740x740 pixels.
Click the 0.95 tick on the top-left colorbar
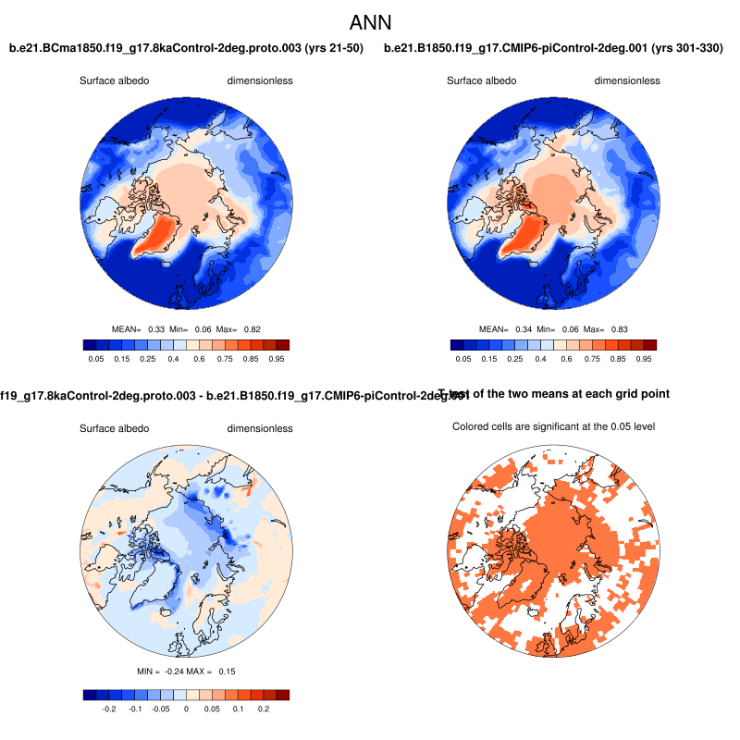coord(276,357)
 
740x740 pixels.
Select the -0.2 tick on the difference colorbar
coord(107,708)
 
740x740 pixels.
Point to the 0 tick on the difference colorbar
coord(186,708)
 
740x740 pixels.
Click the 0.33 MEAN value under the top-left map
coord(156,329)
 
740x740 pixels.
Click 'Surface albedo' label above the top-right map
coord(482,80)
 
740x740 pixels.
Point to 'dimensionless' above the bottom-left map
coord(260,428)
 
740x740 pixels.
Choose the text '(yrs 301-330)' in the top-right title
coord(688,47)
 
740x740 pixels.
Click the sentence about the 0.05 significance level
coord(553,426)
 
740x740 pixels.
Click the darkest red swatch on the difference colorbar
coord(283,695)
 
